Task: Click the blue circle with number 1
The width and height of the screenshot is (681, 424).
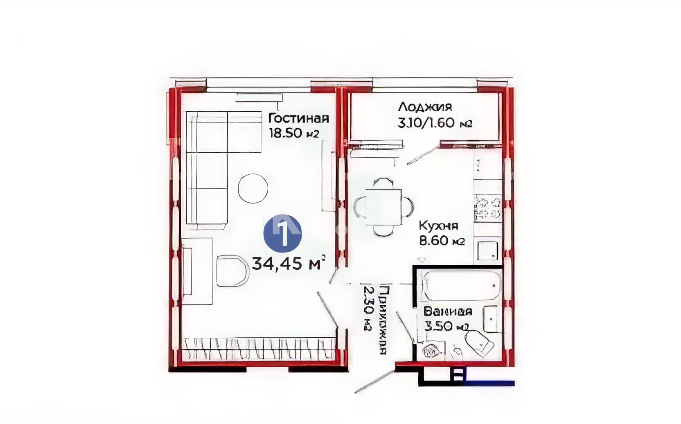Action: (283, 233)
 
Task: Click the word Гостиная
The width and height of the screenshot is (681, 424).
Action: (298, 118)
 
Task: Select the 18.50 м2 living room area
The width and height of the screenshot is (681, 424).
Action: (293, 133)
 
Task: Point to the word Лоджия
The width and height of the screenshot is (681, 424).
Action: (425, 107)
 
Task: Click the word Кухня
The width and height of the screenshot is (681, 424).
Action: (438, 226)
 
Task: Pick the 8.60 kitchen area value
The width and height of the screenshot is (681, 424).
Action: (434, 241)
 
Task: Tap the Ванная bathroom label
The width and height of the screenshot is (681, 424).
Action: (447, 312)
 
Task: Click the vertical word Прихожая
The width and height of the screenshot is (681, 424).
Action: (383, 319)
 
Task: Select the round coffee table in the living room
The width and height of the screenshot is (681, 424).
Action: (253, 188)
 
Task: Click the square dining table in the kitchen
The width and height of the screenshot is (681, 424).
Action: (383, 207)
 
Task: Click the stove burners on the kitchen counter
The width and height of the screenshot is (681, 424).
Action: (487, 208)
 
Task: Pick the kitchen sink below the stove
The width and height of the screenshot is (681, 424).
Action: (487, 250)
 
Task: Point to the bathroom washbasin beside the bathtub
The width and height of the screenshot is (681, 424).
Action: (490, 318)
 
